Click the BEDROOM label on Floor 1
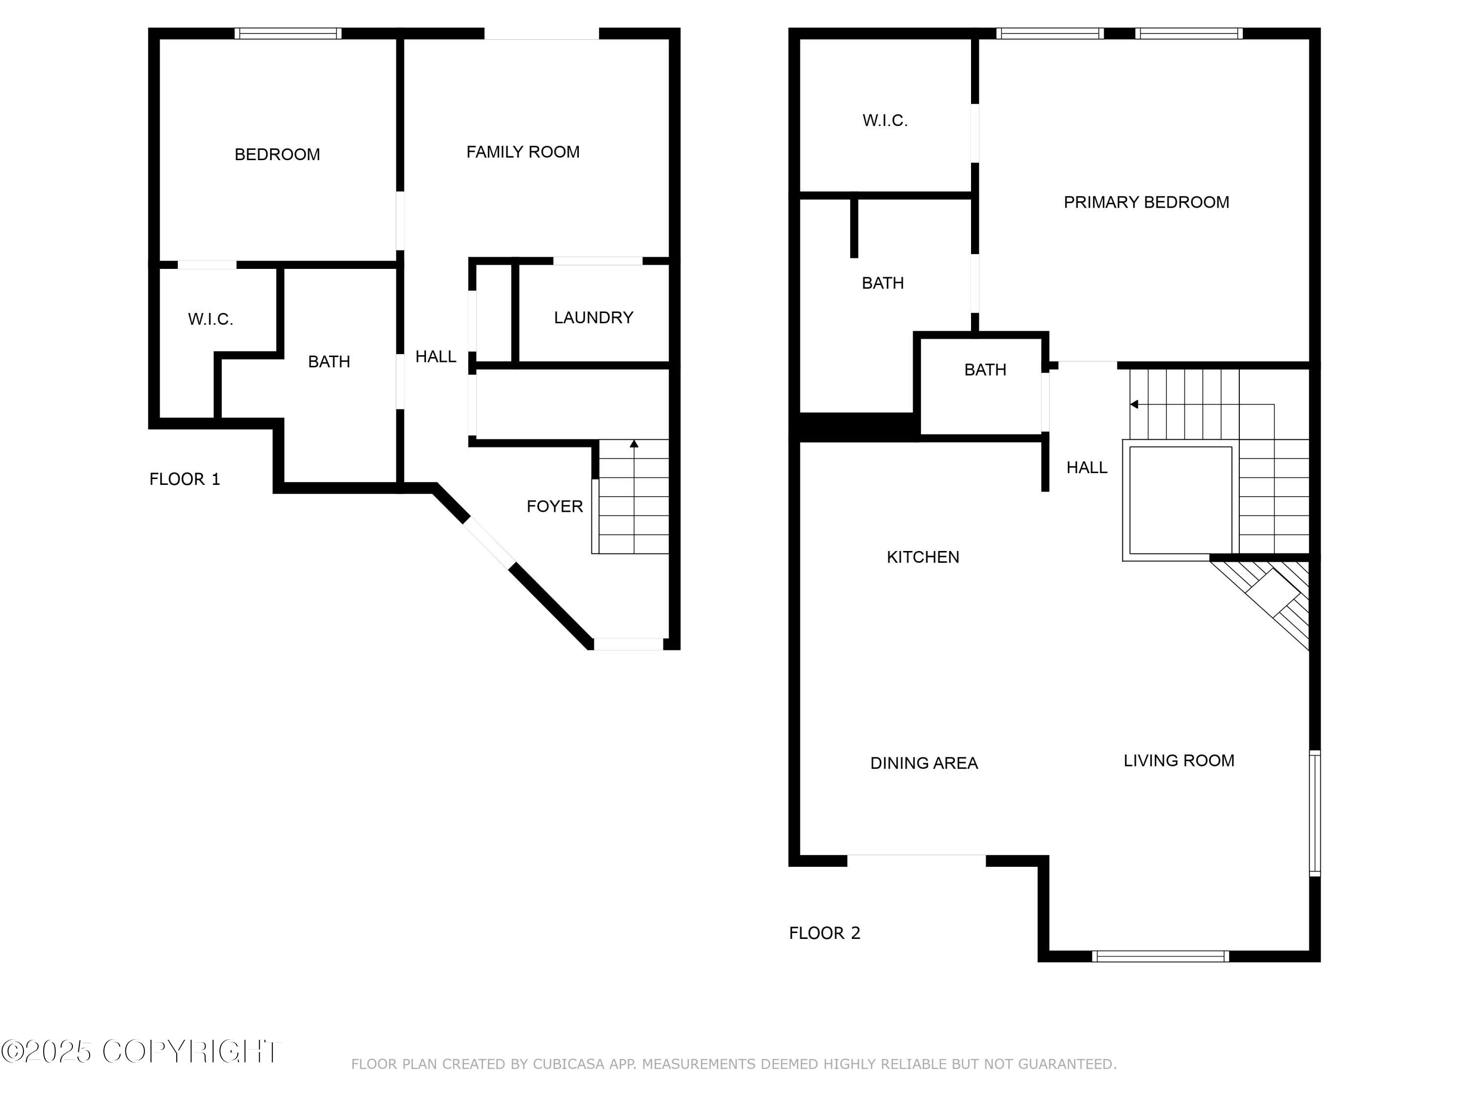coord(277,155)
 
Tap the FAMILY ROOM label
coord(522,152)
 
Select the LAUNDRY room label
coord(593,317)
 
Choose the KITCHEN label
coord(923,557)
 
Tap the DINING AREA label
coord(924,763)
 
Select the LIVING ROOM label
coord(1179,761)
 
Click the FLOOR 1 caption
coord(185,479)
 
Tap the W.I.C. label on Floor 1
coord(211,319)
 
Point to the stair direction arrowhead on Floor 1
coord(634,444)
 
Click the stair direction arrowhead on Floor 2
coord(1134,405)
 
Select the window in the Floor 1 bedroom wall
coord(288,33)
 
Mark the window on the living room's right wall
coord(1314,813)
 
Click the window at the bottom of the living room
coord(1160,957)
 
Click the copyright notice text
coord(141,1052)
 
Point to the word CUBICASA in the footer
coord(569,1064)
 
